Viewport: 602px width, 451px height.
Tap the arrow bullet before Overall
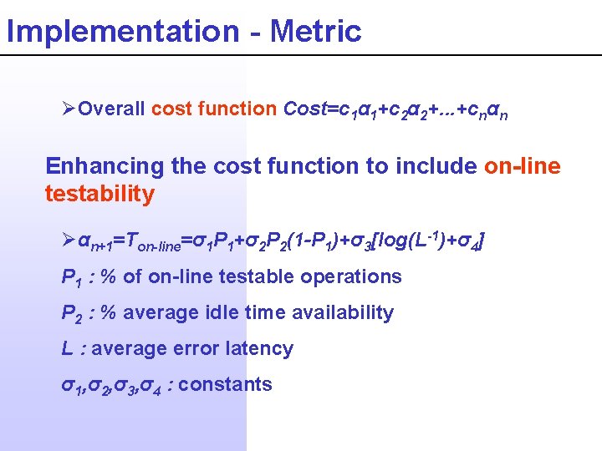click(x=70, y=109)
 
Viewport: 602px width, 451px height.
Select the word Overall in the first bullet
click(x=113, y=109)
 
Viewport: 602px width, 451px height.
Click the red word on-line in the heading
click(x=522, y=165)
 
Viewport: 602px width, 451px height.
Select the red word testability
click(x=99, y=195)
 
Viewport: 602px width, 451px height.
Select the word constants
click(x=225, y=384)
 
